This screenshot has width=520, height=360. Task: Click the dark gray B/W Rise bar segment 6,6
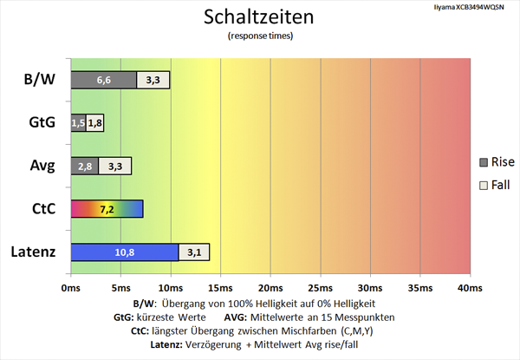[102, 80]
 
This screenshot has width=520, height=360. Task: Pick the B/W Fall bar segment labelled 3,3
[153, 80]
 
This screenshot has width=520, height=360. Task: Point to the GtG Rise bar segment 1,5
[77, 123]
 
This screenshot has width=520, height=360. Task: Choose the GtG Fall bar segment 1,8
[94, 123]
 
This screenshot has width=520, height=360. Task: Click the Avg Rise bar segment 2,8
[84, 166]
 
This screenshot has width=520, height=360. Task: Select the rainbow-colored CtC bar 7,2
[107, 209]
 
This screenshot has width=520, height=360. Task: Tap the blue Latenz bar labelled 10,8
[124, 252]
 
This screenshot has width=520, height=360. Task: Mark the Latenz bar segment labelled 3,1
[193, 252]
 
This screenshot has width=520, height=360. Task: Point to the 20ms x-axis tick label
[270, 288]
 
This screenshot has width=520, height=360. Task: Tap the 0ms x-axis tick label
[71, 288]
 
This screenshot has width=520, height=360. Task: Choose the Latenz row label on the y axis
[34, 252]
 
